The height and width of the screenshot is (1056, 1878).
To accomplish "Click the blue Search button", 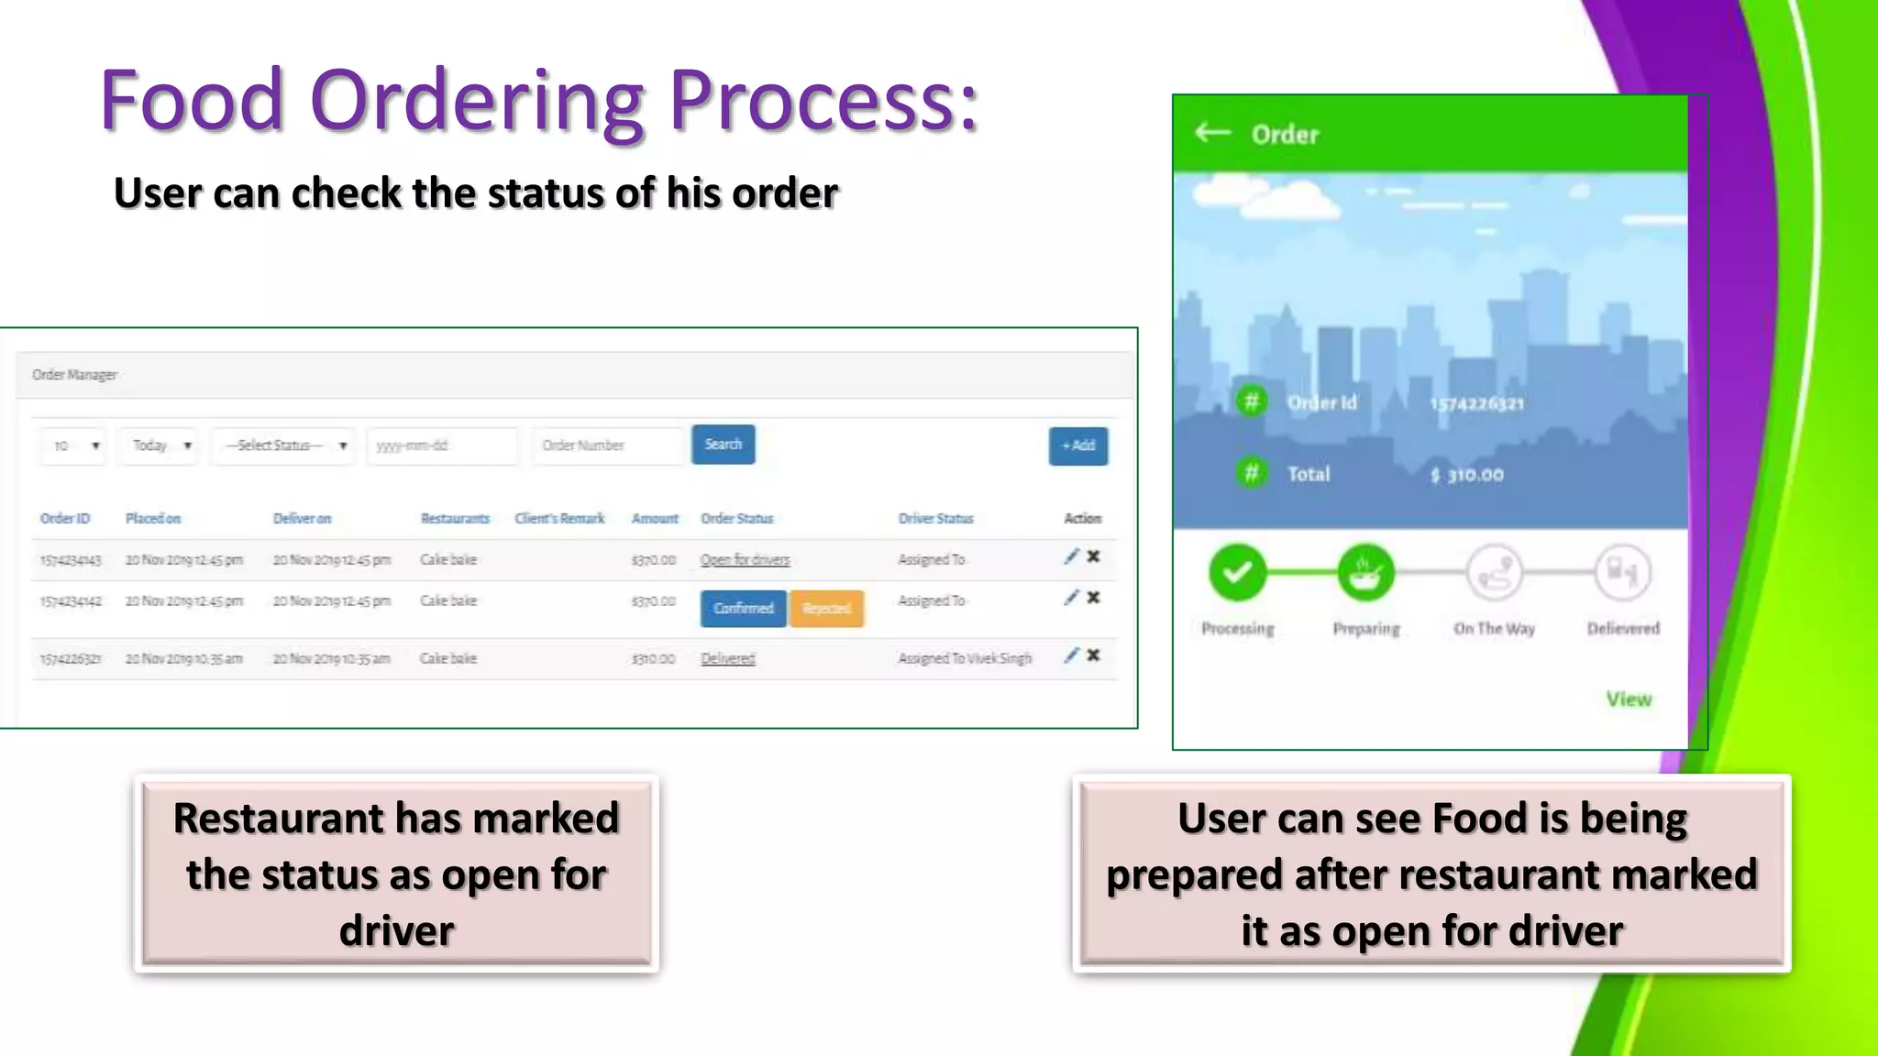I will coord(723,445).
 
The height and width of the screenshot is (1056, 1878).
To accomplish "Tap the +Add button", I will coord(1077,446).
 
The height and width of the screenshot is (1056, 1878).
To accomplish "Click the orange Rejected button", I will coord(826,609).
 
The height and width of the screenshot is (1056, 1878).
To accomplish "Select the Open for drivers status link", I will coord(745,560).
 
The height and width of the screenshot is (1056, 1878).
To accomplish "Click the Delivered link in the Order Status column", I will coord(727,659).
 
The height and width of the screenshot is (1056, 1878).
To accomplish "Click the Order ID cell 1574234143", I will coord(71,560).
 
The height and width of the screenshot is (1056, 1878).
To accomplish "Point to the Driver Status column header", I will coord(935,519).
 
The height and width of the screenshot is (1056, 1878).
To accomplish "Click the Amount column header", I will coord(655,519).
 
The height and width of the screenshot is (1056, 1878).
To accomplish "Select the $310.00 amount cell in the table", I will coord(653,659).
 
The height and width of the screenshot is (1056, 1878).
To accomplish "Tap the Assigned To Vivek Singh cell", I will coord(965,659).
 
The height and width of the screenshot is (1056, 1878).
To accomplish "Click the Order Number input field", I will coord(607,446).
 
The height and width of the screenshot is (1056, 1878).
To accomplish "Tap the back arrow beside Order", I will coord(1212,134).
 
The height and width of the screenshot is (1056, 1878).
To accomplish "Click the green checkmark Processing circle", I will coord(1237,573).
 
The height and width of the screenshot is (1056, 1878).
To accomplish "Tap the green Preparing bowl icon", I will coord(1365,573).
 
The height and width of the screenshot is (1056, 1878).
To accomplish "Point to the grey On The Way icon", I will coord(1494,573).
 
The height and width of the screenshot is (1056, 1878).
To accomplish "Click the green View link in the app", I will coord(1628,699).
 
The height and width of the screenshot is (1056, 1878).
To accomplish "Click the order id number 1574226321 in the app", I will coord(1477,404).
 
